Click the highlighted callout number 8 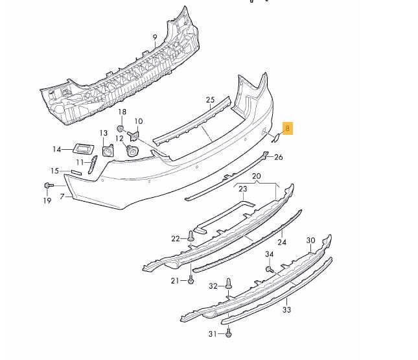287,128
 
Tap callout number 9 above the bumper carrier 155,37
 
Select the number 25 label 210,100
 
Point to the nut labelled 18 120,129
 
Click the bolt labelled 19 48,186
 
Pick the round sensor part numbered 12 132,150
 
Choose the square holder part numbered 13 108,150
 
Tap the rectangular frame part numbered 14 84,149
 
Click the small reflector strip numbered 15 76,172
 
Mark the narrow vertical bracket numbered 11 93,164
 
